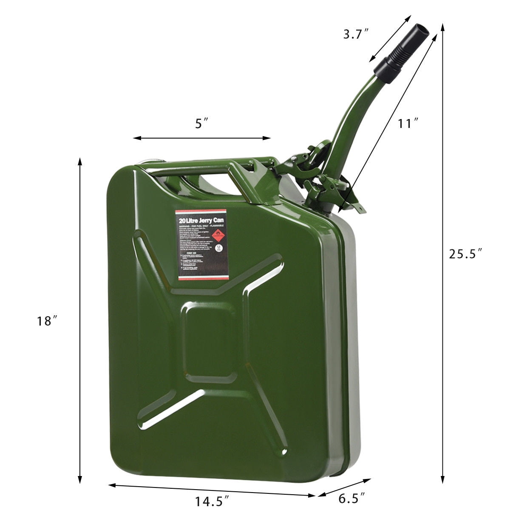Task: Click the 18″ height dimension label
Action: [47, 321]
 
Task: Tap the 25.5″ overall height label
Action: [465, 254]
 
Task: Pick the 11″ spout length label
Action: [408, 124]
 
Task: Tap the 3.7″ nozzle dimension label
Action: [355, 34]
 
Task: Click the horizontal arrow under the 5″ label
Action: [202, 138]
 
